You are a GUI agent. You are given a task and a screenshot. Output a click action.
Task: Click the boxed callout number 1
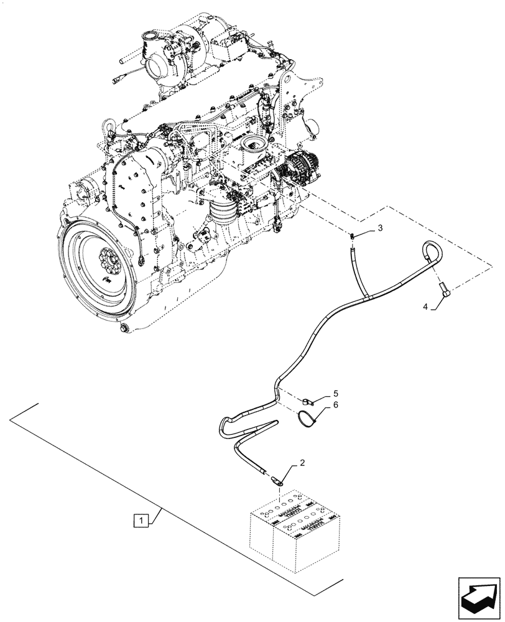[142, 518]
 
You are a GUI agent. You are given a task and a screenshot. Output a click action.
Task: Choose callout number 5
[335, 393]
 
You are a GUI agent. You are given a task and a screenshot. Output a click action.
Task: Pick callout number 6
[335, 405]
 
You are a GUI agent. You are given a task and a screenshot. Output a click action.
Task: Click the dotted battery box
[292, 529]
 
